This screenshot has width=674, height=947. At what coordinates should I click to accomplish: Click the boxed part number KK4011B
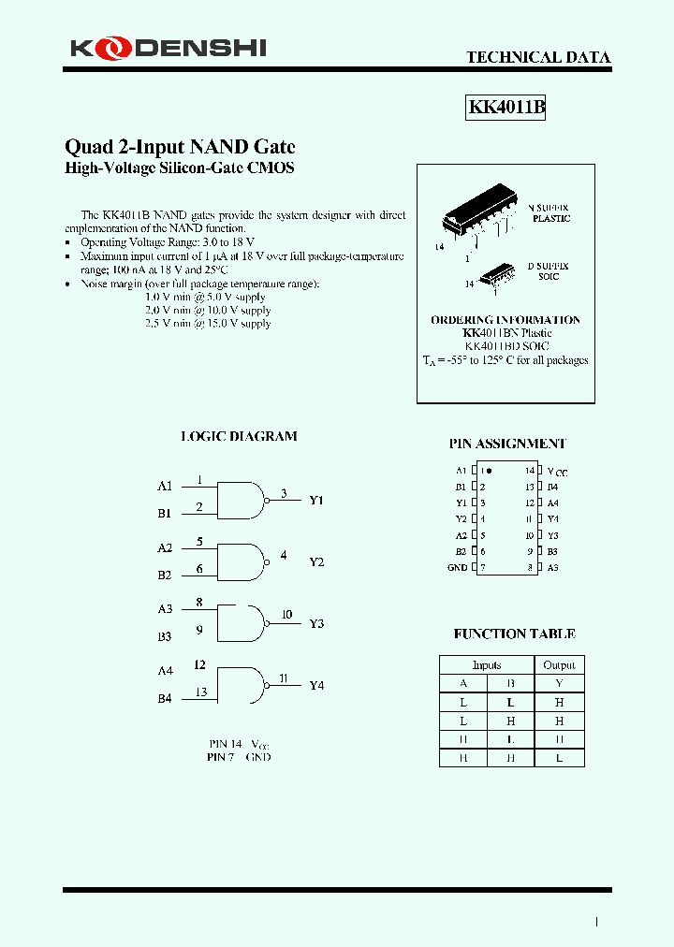tap(505, 108)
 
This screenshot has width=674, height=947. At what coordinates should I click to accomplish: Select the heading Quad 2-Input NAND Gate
tap(179, 147)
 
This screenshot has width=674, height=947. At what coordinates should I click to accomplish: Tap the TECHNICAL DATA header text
tap(538, 57)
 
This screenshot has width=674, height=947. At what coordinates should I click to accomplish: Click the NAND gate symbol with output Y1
tap(242, 500)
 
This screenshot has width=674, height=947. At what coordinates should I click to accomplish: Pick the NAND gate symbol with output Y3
tap(242, 622)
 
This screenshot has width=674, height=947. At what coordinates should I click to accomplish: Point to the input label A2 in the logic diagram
tap(165, 547)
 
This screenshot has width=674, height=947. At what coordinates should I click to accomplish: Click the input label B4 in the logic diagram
tap(165, 698)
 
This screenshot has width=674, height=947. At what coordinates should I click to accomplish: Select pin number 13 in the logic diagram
tap(200, 692)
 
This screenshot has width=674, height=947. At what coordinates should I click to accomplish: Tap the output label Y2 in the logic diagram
tap(316, 562)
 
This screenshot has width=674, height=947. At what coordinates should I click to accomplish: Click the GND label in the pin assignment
tap(457, 567)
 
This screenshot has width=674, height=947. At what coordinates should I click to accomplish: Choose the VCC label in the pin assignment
tap(557, 473)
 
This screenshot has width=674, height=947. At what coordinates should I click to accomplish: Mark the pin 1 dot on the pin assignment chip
tap(490, 471)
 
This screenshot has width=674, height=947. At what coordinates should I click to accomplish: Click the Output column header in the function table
tap(559, 665)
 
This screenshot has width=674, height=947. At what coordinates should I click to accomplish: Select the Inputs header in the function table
tap(487, 665)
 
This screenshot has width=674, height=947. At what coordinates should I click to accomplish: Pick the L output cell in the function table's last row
tap(559, 758)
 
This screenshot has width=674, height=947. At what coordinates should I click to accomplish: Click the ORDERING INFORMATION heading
tap(505, 320)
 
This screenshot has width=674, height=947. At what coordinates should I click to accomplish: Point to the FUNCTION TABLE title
tap(514, 634)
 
